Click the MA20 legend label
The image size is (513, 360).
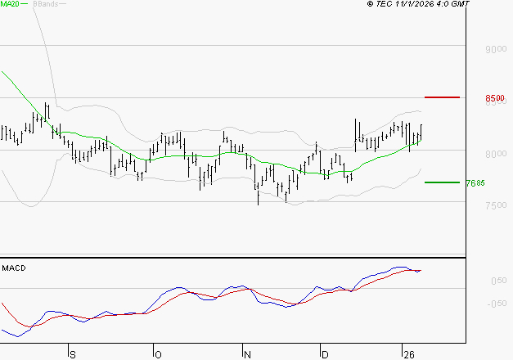click(x=9, y=4)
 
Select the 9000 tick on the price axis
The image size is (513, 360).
click(x=493, y=49)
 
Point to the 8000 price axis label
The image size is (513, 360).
click(x=493, y=154)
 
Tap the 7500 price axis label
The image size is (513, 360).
click(x=493, y=205)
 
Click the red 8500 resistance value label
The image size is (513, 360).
click(x=493, y=98)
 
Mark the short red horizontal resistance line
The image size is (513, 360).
click(x=443, y=97)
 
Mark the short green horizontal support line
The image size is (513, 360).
click(x=441, y=182)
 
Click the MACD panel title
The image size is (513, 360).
click(x=15, y=268)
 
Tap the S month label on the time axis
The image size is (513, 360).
click(x=72, y=353)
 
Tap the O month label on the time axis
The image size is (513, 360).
click(x=159, y=353)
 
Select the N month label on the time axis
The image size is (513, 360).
click(x=247, y=353)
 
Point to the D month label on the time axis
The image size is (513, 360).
click(x=325, y=353)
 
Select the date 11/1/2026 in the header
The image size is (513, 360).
click(x=421, y=4)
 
